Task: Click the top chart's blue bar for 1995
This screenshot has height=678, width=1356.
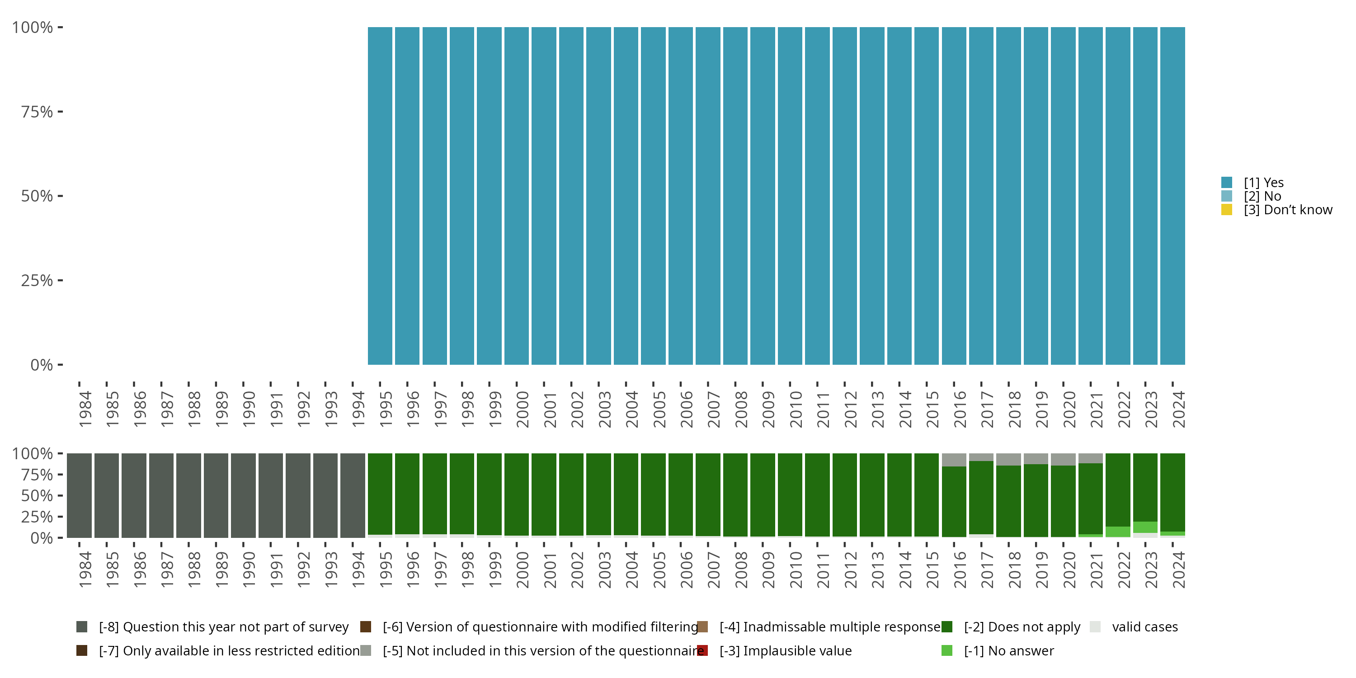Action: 380,196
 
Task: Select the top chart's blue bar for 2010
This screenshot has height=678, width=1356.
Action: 790,196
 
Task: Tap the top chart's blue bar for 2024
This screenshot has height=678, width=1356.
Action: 1172,196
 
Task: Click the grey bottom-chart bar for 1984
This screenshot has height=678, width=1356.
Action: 79,495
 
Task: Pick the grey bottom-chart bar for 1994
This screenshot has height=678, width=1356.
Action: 352,495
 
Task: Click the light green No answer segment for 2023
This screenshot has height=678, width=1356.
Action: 1145,527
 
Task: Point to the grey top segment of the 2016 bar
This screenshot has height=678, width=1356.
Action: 954,460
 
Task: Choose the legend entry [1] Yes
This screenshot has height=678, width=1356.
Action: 1263,183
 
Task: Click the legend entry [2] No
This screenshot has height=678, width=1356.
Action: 1262,196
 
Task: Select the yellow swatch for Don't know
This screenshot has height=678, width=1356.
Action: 1227,210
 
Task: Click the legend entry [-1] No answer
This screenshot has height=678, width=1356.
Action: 1008,650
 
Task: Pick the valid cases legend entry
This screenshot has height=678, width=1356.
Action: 1144,627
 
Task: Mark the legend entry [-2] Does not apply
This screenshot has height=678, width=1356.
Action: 1022,627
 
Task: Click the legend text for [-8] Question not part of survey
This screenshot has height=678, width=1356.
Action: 223,627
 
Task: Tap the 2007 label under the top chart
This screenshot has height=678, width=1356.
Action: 714,409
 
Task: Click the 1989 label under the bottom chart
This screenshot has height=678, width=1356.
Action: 221,570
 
